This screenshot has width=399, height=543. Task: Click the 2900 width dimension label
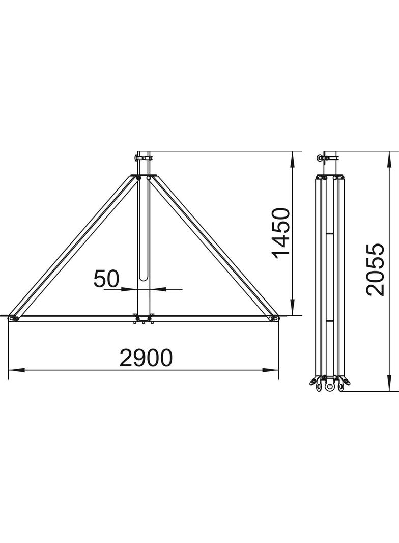[x=146, y=358]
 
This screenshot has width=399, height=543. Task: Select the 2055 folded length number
[x=375, y=269]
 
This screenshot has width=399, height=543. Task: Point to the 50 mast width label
[x=106, y=279]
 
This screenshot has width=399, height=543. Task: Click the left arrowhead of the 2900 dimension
[x=16, y=370]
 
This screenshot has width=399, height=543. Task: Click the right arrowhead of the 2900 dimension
[x=271, y=370]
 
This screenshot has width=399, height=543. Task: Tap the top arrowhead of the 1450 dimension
[x=293, y=159]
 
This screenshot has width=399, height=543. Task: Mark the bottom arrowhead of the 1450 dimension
[x=293, y=308]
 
